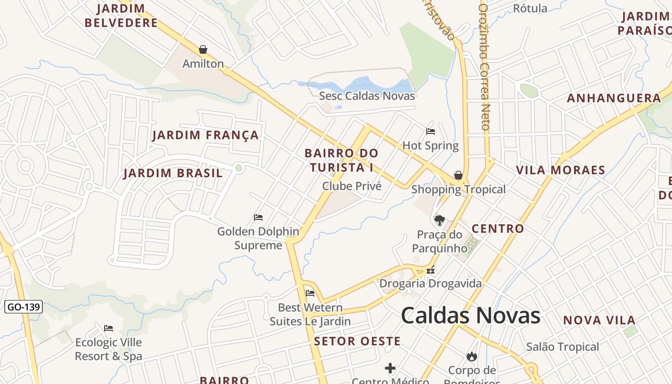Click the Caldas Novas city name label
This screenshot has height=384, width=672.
coord(470,316)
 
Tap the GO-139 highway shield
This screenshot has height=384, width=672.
coord(24,307)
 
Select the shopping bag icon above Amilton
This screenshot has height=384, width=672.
coord(203,49)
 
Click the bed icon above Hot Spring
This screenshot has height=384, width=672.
coord(431,131)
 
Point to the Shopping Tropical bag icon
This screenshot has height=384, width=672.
coord(458,175)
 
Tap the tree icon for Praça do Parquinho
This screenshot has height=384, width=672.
coord(439,220)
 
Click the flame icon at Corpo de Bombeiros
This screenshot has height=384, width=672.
coord(472,356)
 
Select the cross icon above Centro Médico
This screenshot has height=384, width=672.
coord(390,368)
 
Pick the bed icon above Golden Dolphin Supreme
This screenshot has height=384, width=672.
coord(258,217)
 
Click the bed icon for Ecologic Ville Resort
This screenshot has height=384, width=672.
coord(108,328)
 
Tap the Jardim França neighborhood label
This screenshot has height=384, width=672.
coord(205,135)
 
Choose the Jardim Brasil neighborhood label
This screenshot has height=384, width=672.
coord(173,173)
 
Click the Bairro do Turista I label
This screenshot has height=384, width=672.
coord(341,160)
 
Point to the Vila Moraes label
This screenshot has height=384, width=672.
coord(560,170)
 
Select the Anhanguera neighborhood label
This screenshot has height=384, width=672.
coord(614,98)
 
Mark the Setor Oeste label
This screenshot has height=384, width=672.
coord(357,341)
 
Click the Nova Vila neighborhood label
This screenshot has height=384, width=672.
coord(599,320)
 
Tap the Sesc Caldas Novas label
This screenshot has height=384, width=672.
coord(367,96)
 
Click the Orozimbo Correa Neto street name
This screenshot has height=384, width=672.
coord(484,67)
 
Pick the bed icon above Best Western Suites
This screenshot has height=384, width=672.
coord(310,293)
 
